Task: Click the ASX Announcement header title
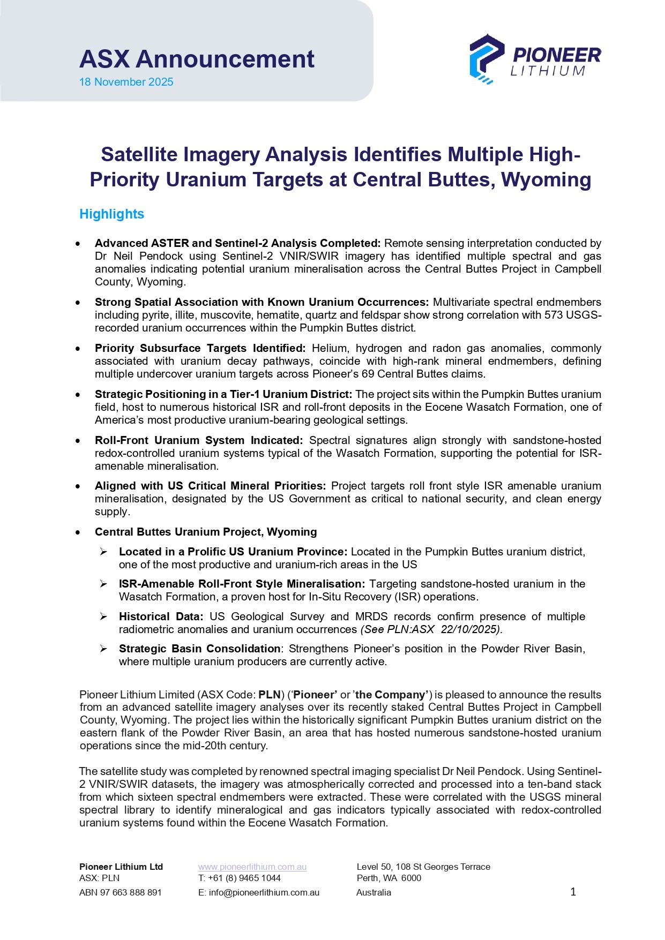click(197, 59)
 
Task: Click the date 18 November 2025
click(126, 82)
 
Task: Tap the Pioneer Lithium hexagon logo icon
click(486, 59)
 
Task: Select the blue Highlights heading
click(111, 214)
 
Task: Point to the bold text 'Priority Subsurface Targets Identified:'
click(200, 348)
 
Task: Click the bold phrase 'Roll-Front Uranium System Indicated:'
click(199, 440)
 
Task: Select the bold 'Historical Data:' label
click(161, 616)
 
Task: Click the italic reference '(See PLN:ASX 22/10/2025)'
click(431, 629)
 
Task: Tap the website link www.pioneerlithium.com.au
click(252, 867)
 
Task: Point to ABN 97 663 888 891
click(121, 892)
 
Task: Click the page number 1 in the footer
click(573, 892)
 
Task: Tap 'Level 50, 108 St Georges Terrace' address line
click(423, 867)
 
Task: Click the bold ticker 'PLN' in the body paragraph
click(270, 695)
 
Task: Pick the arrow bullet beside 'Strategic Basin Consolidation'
click(103, 649)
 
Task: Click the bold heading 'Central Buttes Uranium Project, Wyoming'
click(206, 532)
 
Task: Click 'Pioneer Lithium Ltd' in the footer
click(121, 867)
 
